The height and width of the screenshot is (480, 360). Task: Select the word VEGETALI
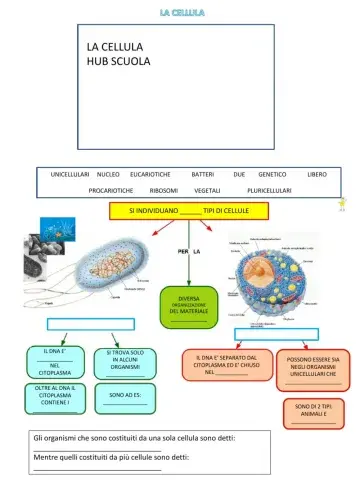pos(207,190)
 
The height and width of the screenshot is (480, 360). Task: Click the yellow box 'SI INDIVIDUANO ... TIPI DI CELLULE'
pos(188,212)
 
